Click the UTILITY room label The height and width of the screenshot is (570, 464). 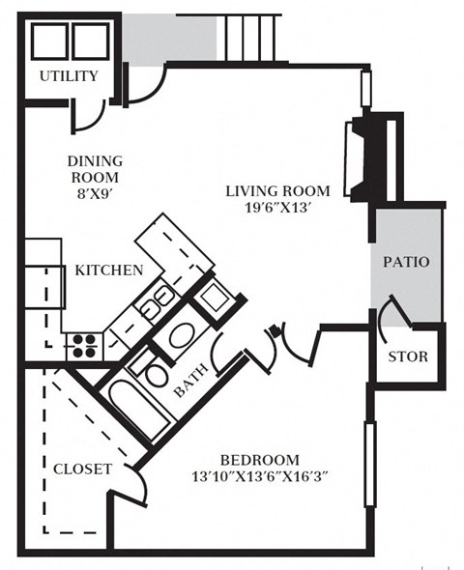click(68, 76)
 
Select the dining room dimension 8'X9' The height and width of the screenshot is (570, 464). click(95, 193)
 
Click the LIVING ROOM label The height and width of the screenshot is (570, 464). click(277, 190)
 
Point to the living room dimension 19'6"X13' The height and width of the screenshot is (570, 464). click(277, 207)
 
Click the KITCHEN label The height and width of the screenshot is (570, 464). click(108, 271)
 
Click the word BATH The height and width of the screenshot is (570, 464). click(191, 385)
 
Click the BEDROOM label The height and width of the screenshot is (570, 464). click(258, 460)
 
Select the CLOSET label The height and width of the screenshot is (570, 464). click(81, 469)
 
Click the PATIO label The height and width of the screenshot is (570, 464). click(406, 262)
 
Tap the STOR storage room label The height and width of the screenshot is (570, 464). click(407, 356)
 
